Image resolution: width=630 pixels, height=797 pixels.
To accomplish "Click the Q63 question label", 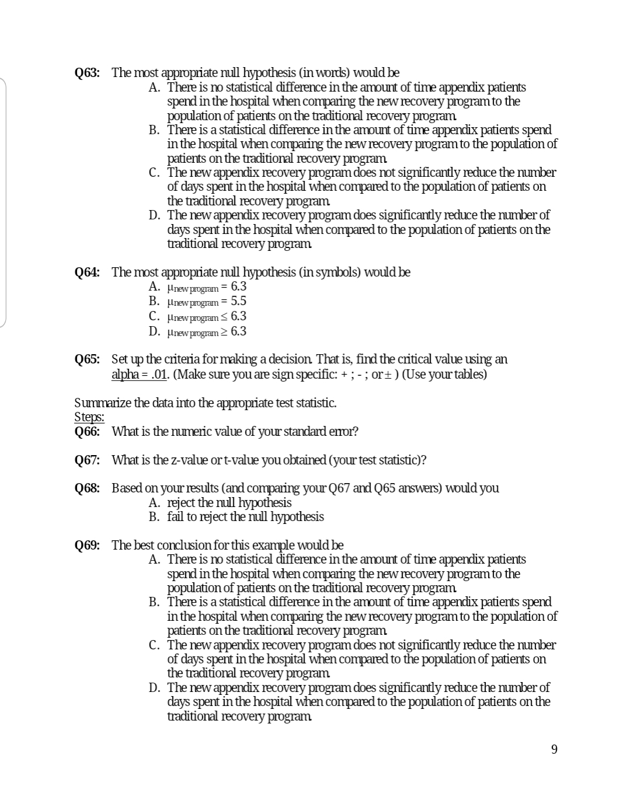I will [87, 73].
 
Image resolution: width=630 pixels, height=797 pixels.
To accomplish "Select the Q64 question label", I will [87, 272].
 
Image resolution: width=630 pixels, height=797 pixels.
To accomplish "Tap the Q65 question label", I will [87, 359].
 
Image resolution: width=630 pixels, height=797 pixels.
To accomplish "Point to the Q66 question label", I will [87, 432].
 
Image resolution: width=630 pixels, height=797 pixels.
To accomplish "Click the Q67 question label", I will [87, 460].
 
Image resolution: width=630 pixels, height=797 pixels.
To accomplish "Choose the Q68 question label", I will [87, 488].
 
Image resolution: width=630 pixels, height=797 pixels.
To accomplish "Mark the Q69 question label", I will [87, 546].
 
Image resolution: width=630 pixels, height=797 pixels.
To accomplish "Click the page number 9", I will [554, 749].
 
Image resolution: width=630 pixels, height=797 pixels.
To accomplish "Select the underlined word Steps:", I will [89, 417].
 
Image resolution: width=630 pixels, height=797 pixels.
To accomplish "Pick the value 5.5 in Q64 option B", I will [239, 301].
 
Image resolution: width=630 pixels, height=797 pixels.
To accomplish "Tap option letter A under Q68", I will [154, 503].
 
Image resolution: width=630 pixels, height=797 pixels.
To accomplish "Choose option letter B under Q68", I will [154, 517].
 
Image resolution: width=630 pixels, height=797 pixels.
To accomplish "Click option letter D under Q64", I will [154, 331].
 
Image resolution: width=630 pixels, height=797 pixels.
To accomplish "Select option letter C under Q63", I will [154, 173].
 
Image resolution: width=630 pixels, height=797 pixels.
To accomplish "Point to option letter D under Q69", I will [154, 688].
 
